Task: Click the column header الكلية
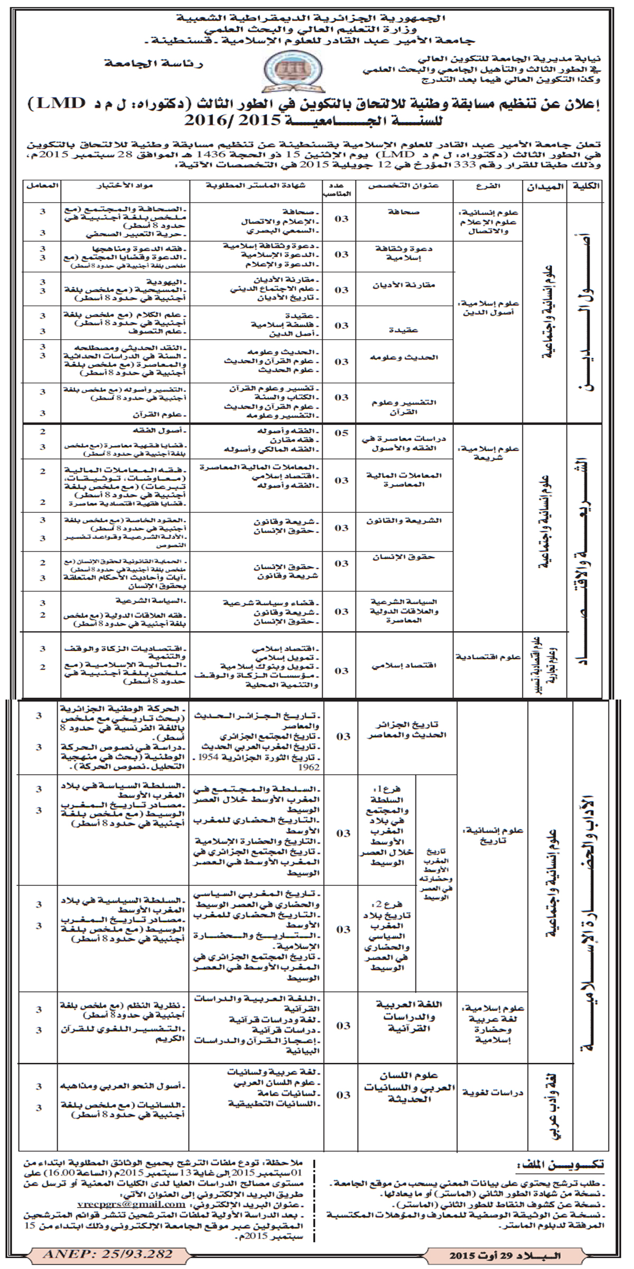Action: coord(585,187)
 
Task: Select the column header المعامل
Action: coord(42,187)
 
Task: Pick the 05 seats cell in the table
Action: coord(342,433)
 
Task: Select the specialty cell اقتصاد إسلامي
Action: coord(405,667)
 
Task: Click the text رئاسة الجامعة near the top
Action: coord(154,63)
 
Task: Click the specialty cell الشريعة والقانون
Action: coord(404,521)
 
